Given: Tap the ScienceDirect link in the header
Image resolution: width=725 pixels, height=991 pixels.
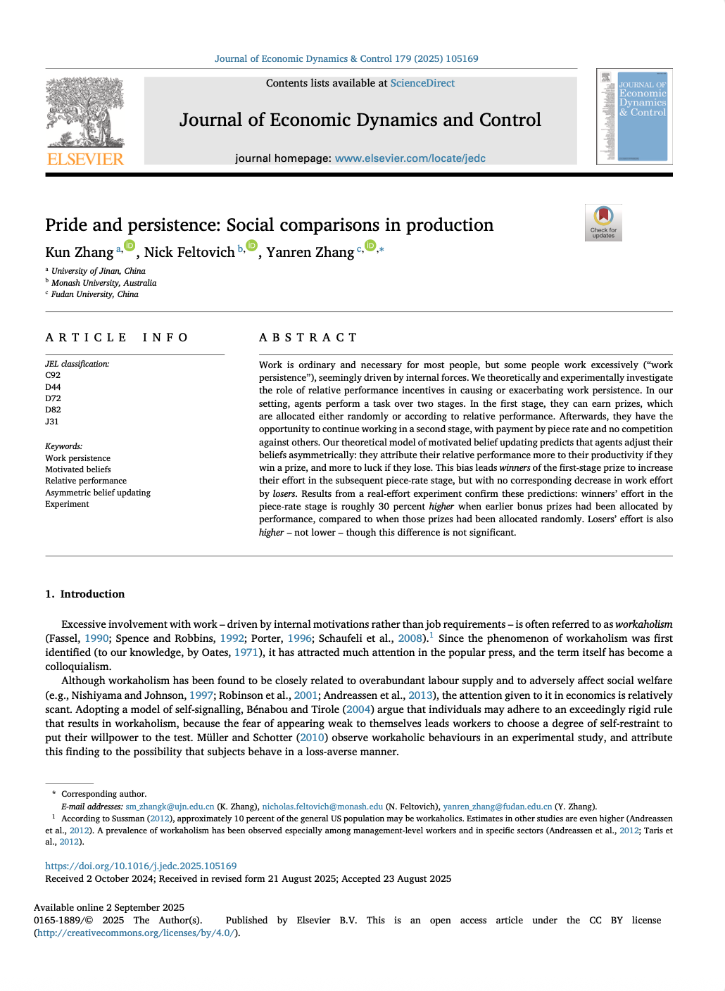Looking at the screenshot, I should [x=422, y=83].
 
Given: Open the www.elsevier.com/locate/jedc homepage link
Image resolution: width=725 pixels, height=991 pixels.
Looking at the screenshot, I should [x=410, y=158].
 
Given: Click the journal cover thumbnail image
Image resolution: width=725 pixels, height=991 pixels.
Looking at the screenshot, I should [x=634, y=116].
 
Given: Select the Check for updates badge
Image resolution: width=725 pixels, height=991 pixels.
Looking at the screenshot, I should [x=603, y=222].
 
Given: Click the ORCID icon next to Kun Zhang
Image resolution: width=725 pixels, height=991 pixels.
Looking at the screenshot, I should [x=130, y=246].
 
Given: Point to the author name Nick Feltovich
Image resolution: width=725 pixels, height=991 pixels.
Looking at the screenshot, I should [x=189, y=253].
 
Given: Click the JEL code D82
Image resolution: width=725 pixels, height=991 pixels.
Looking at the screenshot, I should [x=53, y=410].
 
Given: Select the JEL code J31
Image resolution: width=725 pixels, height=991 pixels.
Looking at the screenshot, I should [x=52, y=422].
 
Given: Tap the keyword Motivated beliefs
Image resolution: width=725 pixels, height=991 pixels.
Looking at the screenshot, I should [x=78, y=469].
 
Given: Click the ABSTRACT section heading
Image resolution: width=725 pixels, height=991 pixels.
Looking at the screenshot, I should [x=308, y=338].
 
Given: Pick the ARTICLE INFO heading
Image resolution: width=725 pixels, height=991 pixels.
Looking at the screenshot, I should [x=117, y=338].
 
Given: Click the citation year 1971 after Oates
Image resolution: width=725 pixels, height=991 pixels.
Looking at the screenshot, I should [x=246, y=652].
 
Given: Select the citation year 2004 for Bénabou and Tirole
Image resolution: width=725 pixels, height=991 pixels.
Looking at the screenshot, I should [x=358, y=709].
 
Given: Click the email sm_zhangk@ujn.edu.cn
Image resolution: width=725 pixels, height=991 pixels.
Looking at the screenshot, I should [x=170, y=807].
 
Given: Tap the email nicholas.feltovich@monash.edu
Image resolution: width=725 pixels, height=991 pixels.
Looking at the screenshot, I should [x=322, y=807].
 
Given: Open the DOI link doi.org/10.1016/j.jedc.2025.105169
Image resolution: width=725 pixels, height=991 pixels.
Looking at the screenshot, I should [x=141, y=866].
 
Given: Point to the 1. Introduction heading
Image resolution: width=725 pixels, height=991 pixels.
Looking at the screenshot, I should [x=85, y=594].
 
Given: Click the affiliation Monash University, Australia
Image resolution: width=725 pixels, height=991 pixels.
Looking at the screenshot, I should [x=104, y=283].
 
